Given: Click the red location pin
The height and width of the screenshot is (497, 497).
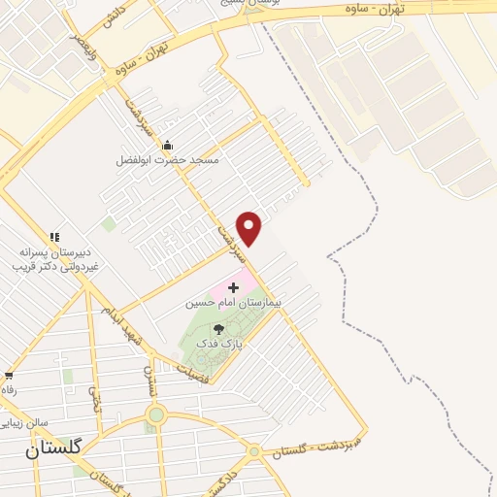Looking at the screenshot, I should (249, 228).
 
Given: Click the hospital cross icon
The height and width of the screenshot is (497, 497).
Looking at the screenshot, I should (233, 288).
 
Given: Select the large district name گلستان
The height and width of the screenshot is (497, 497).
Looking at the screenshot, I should (53, 447).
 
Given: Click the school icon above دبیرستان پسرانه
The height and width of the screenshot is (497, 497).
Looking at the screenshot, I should (54, 237).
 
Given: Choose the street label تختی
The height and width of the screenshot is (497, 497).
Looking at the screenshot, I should (95, 398).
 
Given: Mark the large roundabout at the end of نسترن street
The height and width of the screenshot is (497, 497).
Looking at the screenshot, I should (156, 415).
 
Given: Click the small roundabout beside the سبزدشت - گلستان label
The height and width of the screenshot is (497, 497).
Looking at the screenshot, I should (254, 451).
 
